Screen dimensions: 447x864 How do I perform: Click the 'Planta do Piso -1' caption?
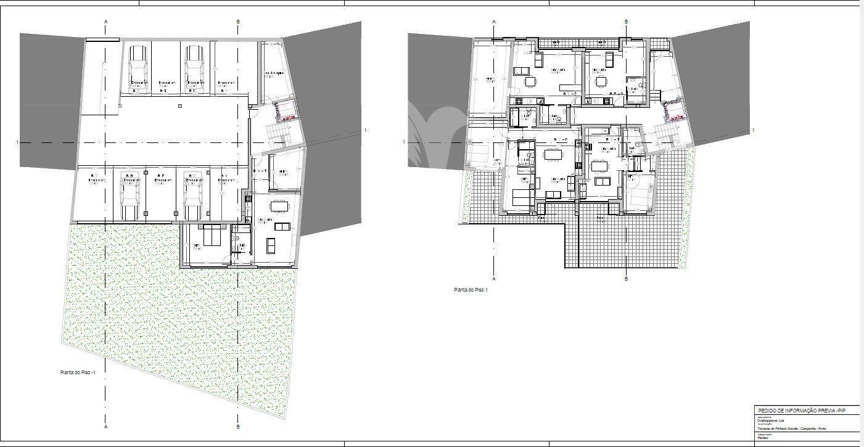pos(77,372)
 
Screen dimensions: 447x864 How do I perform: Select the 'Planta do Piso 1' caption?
pos(471,289)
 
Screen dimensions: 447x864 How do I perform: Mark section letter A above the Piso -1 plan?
pos(106,22)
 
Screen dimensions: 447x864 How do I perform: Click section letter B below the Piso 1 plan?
pos(626,278)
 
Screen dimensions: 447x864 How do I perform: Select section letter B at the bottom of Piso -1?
pos(239,426)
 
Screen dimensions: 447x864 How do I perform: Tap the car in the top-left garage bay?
pos(136,67)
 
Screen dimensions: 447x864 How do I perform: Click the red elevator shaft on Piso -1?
pos(286,110)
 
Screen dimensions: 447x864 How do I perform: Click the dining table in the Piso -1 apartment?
pos(281,204)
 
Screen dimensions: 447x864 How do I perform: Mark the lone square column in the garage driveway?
pos(179,106)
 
